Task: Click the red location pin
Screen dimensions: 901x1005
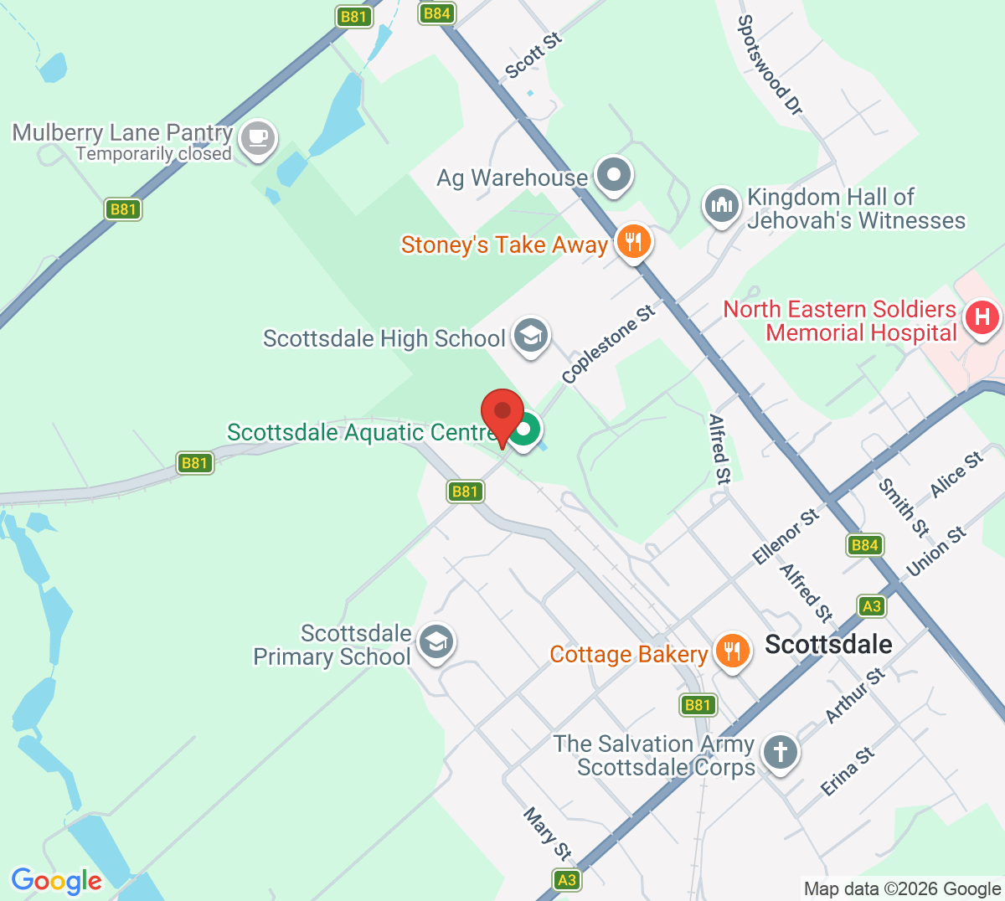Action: point(502,413)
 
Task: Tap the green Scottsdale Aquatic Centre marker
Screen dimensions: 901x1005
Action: point(525,430)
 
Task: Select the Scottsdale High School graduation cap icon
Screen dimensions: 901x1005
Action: point(530,336)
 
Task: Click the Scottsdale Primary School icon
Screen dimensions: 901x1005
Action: point(435,643)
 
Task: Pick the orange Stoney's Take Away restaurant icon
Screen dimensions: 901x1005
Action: point(634,242)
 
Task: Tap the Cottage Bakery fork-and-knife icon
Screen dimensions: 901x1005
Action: point(732,651)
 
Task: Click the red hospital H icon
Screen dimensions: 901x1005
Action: point(982,317)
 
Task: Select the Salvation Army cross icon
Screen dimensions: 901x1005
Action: point(781,751)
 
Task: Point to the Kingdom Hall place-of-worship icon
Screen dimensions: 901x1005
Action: point(721,205)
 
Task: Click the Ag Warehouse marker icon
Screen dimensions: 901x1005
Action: point(615,175)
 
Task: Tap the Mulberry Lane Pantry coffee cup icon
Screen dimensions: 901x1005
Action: point(257,138)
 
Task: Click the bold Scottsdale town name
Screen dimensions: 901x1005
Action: point(828,644)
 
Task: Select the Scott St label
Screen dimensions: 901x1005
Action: point(533,56)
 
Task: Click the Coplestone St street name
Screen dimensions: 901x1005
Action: point(608,345)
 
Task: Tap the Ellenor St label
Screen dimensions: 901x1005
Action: point(785,537)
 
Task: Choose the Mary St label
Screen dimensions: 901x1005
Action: point(547,833)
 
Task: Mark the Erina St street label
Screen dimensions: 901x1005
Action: point(847,771)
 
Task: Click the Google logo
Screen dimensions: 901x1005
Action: point(56,881)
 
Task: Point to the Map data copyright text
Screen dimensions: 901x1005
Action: point(902,889)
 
